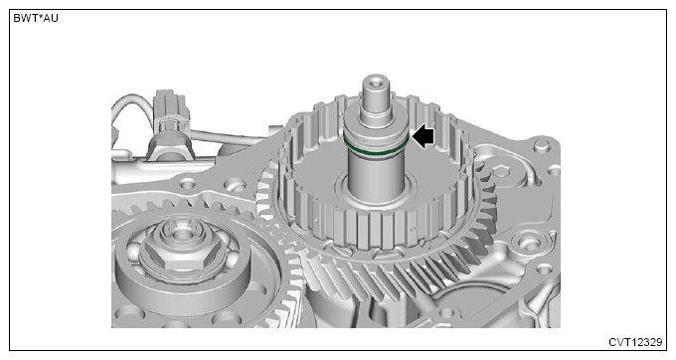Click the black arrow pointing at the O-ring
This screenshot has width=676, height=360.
pyautogui.click(x=422, y=137)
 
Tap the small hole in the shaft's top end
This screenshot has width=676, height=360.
pyautogui.click(x=376, y=81)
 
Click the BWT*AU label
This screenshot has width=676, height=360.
pyautogui.click(x=36, y=18)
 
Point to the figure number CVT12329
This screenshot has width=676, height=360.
pyautogui.click(x=635, y=342)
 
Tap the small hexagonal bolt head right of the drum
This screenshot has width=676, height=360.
pyautogui.click(x=500, y=171)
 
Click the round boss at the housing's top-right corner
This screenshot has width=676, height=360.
pyautogui.click(x=542, y=145)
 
